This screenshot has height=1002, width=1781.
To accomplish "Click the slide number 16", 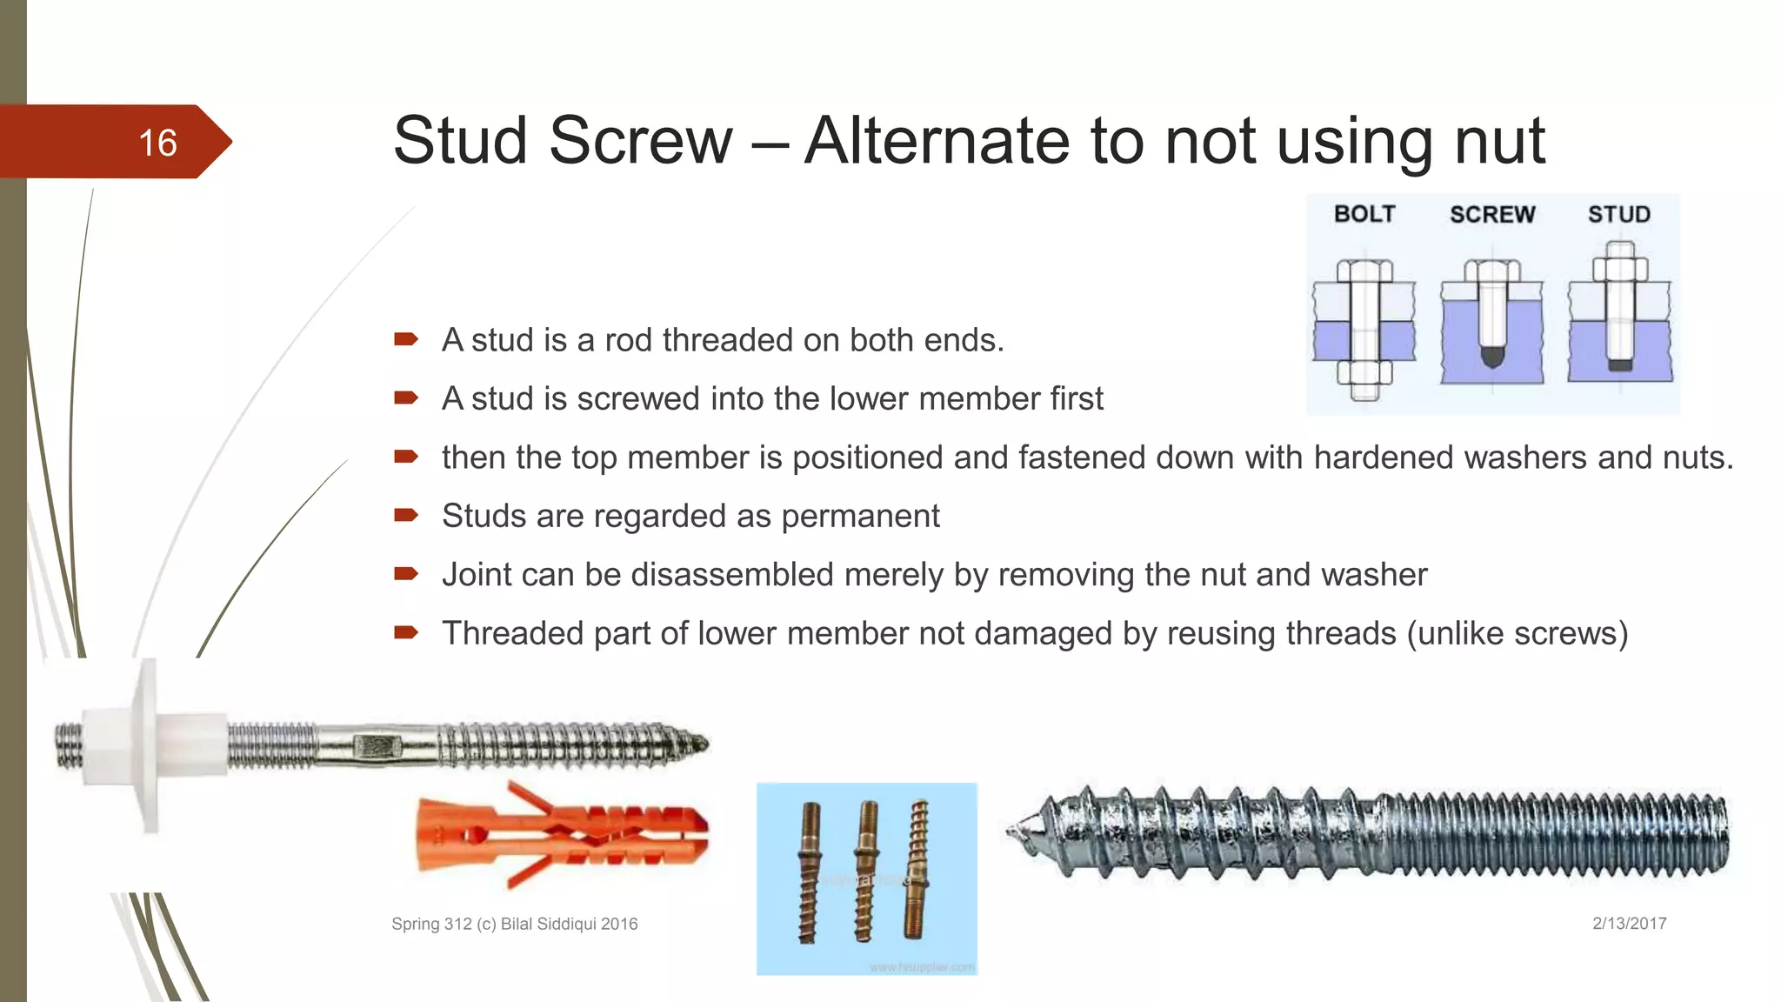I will coord(157,143).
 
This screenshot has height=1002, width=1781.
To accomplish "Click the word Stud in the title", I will coord(460,141).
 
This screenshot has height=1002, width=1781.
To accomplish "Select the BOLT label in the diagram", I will coord(1364,214).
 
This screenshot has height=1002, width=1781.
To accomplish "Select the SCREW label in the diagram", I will coord(1491,215).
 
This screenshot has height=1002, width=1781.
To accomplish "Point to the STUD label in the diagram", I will coord(1618,215).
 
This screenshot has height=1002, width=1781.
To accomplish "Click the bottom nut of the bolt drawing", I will coord(1364,373).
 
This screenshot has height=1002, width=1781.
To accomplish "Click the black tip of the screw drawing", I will coord(1492,356).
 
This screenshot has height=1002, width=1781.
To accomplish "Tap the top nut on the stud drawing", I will coord(1619,268).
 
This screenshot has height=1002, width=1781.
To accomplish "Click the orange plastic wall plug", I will coord(561,835).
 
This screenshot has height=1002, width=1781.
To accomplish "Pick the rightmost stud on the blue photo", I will coord(916,870).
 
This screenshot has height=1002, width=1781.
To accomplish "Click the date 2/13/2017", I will coord(1629,924).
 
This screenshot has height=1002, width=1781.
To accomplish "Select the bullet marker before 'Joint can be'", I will coord(406,573).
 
